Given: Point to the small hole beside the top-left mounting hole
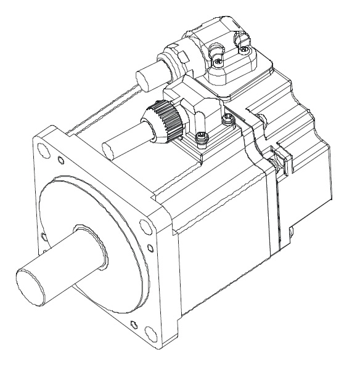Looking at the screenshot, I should coord(59,161).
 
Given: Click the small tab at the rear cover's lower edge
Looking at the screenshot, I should coord(290,233).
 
